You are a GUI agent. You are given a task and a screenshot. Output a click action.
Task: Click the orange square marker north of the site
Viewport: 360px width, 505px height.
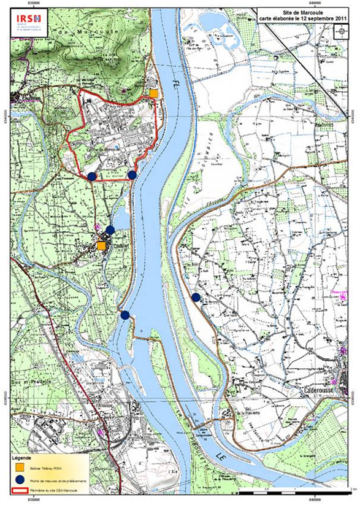pyautogui.click(x=153, y=93)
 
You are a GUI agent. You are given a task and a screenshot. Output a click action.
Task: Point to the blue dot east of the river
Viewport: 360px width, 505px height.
pyautogui.click(x=196, y=298)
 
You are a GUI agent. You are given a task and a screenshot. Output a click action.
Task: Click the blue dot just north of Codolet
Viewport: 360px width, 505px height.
pyautogui.click(x=110, y=230)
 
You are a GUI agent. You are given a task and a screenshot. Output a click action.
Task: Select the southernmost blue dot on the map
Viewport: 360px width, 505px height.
pyautogui.click(x=125, y=315)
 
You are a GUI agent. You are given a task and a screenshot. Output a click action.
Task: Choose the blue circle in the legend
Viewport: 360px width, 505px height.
pyautogui.click(x=20, y=480)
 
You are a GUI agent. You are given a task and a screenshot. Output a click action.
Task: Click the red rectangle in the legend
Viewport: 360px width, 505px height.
pyautogui.click(x=20, y=491)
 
